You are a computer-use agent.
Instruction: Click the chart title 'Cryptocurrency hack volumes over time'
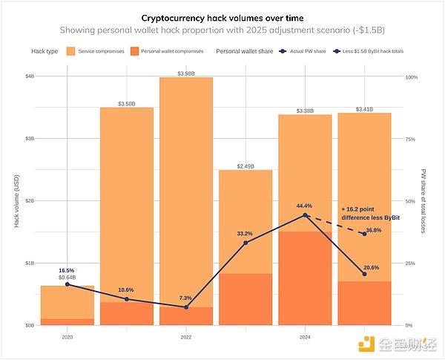[x=222, y=16]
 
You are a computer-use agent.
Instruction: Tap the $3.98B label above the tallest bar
[x=186, y=73]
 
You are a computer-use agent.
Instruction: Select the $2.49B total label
[x=245, y=166]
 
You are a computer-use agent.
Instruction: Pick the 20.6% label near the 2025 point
[x=371, y=267]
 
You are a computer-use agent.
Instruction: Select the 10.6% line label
[x=126, y=289]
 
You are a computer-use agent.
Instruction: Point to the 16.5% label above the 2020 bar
[x=67, y=270]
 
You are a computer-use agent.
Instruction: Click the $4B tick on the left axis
[x=30, y=76]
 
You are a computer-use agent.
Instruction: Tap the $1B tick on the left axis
[x=30, y=264]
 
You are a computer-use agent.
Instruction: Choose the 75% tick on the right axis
[x=412, y=139]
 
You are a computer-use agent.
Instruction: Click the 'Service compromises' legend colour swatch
[x=71, y=50]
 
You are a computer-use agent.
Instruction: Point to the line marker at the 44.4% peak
[x=305, y=215]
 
